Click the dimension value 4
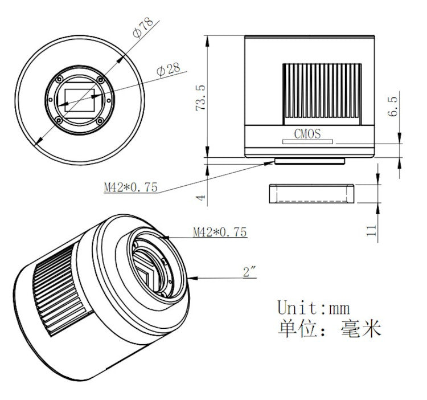point(200,197)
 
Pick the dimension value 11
point(371,230)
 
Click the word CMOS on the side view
point(307,134)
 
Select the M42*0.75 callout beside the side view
point(130,187)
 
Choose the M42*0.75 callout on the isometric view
point(219,232)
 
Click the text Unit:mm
point(313,308)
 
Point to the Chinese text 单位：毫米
point(329,329)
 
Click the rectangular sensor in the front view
point(79,99)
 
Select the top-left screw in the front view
point(58,79)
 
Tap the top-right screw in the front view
point(100,79)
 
